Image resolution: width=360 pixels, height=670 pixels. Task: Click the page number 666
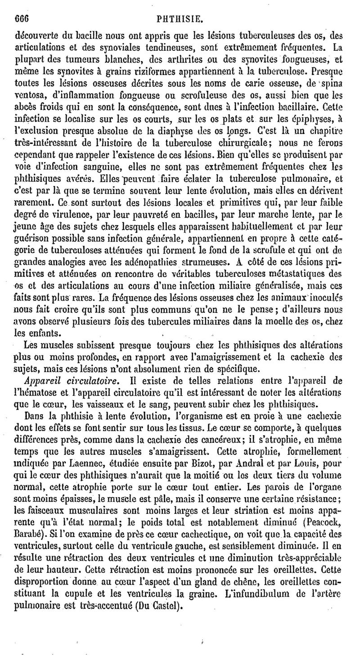(x=22, y=7)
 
